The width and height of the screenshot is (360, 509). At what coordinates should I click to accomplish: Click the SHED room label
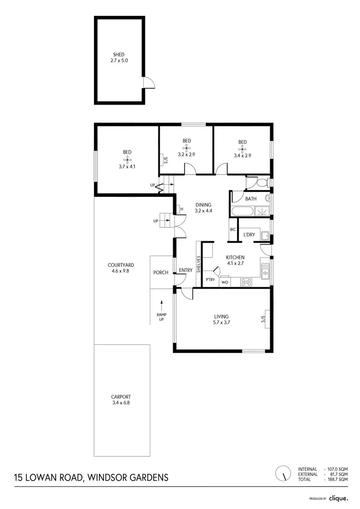click(119, 55)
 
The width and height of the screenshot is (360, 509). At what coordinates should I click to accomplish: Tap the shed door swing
click(149, 83)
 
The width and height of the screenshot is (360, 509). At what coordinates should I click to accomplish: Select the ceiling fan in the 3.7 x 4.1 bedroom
click(127, 159)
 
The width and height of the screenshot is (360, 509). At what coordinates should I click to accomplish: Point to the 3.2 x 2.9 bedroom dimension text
click(187, 154)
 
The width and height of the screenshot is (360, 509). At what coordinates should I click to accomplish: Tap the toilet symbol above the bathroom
click(261, 183)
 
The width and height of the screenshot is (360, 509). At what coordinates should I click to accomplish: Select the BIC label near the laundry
click(233, 230)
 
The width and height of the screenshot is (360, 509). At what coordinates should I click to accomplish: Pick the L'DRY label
click(249, 235)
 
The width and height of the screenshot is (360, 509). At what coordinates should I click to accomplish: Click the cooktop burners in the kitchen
click(246, 282)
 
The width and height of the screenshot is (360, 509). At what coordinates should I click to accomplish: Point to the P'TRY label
click(210, 279)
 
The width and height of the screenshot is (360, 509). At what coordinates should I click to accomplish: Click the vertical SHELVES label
click(198, 264)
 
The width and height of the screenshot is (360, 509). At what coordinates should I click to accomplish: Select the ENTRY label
click(185, 270)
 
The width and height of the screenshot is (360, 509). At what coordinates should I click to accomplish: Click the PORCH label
click(161, 272)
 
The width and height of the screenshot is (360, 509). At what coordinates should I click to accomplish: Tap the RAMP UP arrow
click(162, 304)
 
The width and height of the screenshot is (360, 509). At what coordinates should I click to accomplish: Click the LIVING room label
click(221, 316)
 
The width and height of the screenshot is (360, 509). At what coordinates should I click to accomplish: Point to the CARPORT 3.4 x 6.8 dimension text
click(120, 403)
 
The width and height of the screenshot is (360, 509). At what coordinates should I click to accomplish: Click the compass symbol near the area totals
click(283, 473)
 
